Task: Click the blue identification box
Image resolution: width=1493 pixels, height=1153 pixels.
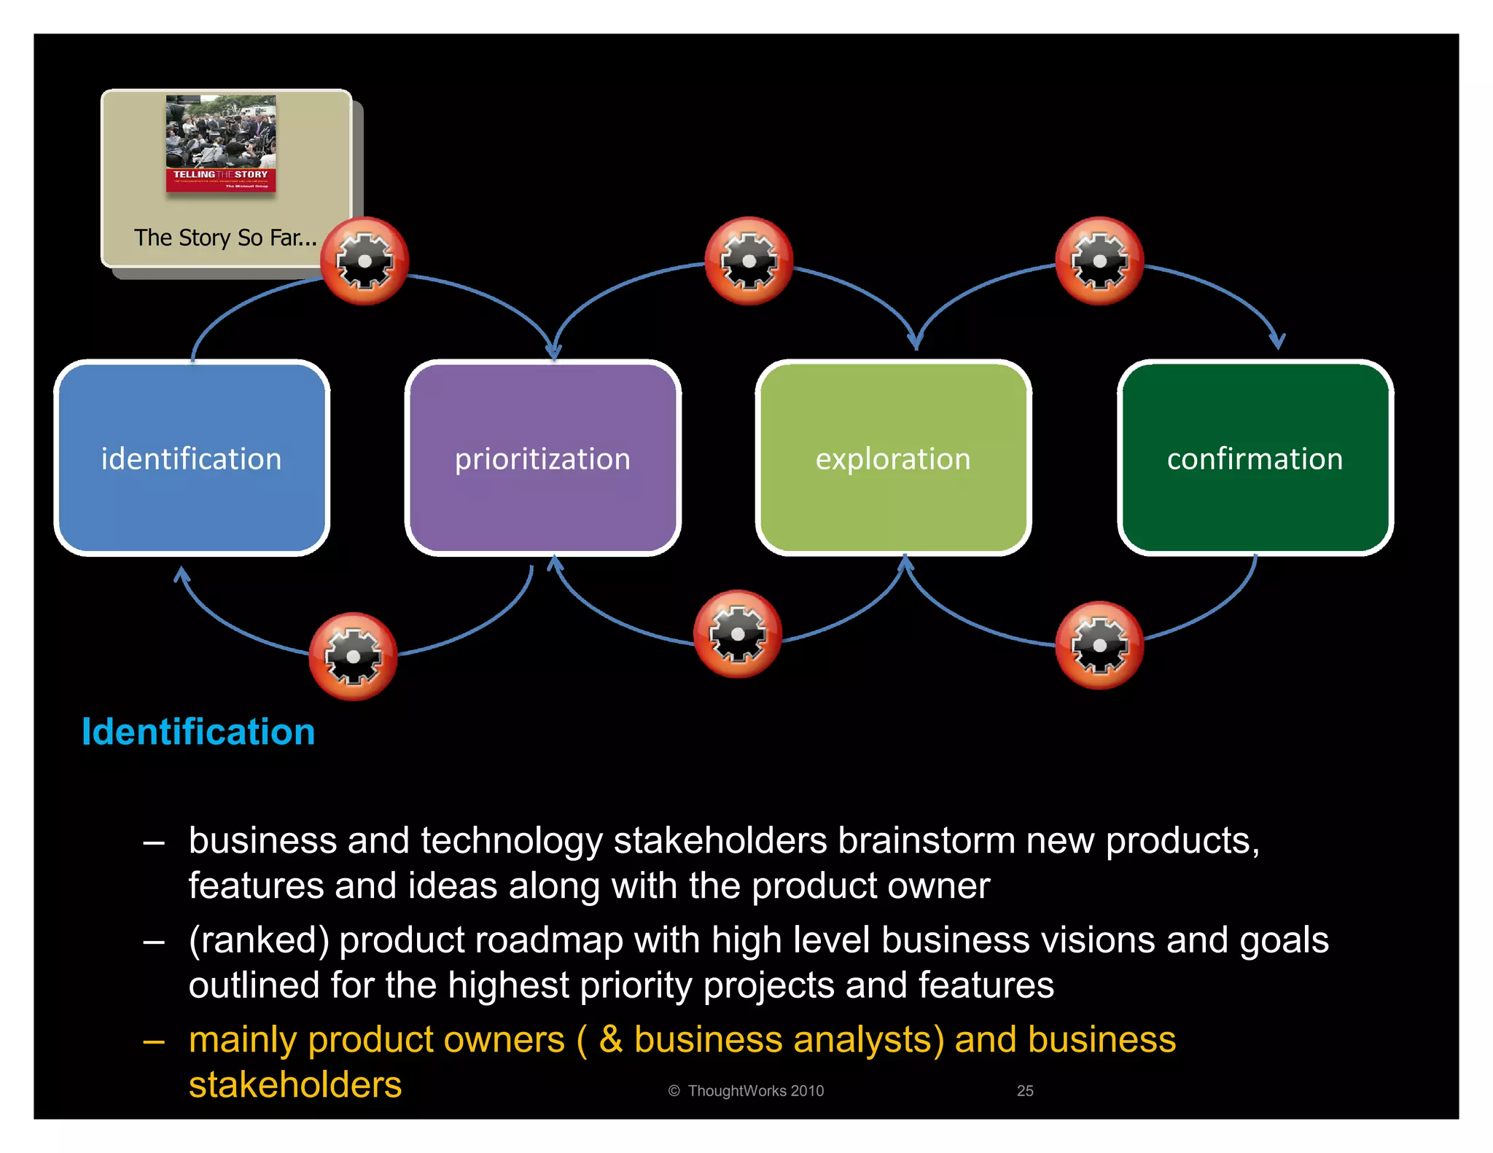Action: pyautogui.click(x=192, y=458)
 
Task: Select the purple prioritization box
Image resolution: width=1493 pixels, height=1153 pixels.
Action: pyautogui.click(x=542, y=458)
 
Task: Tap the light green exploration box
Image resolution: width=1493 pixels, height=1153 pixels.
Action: pyautogui.click(x=893, y=458)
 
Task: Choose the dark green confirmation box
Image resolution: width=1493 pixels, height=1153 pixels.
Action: pyautogui.click(x=1255, y=458)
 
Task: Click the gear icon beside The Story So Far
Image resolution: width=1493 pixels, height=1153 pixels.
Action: pyautogui.click(x=365, y=261)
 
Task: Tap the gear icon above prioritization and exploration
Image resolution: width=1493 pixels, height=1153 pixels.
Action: pyautogui.click(x=749, y=261)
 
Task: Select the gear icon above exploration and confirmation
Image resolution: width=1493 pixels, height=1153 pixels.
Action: pyautogui.click(x=1099, y=261)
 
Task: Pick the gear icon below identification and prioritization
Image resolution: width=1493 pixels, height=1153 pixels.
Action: pyautogui.click(x=353, y=656)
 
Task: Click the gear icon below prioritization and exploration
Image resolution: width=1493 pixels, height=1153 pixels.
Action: pyautogui.click(x=737, y=634)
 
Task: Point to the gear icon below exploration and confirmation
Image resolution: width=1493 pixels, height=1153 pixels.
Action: pyautogui.click(x=1099, y=645)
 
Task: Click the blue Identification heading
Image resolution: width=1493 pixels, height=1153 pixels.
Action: pyautogui.click(x=198, y=731)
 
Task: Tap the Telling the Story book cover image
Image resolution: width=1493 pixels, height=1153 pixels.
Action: pyautogui.click(x=221, y=144)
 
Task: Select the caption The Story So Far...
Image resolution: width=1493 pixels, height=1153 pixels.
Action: pyautogui.click(x=225, y=238)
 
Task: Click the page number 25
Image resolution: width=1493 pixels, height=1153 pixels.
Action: pyautogui.click(x=1025, y=1090)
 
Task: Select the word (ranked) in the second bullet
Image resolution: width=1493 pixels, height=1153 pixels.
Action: pyautogui.click(x=259, y=940)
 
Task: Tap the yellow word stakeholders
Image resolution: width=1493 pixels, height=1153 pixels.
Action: pyautogui.click(x=295, y=1084)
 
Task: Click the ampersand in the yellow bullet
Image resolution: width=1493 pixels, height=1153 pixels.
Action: pyautogui.click(x=611, y=1039)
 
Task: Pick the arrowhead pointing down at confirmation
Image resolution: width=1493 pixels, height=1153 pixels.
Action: pyautogui.click(x=1277, y=340)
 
